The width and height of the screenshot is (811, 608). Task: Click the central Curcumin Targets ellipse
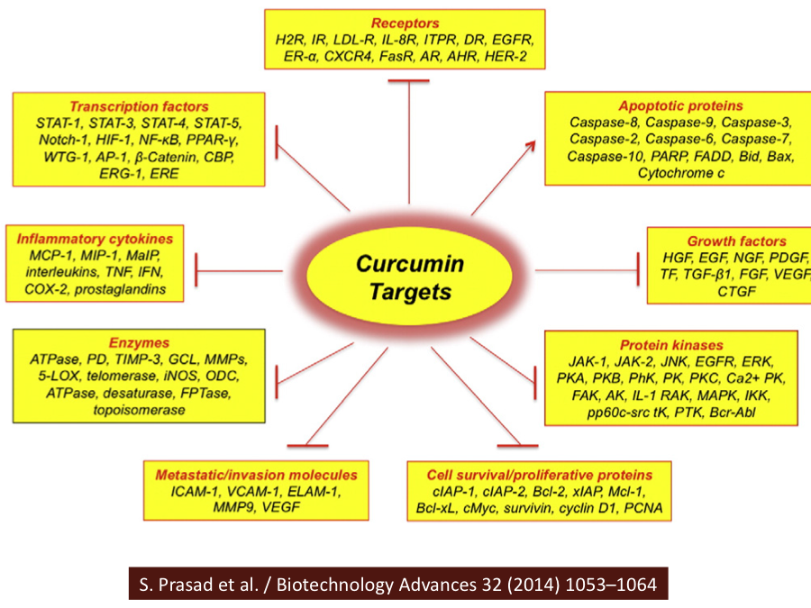(x=409, y=277)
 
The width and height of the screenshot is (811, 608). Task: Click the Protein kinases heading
(x=671, y=345)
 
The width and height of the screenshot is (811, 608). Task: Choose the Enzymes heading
(x=139, y=343)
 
